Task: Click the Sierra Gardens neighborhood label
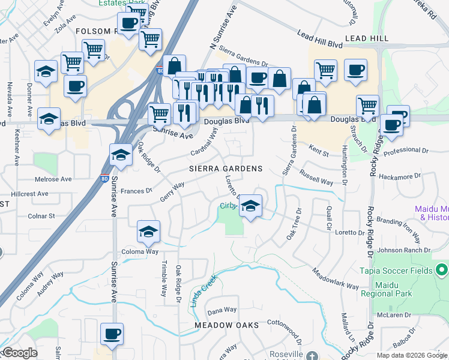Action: [226, 169]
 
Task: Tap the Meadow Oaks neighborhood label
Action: [226, 325]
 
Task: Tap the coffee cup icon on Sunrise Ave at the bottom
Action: [112, 334]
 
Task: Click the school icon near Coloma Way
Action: [148, 232]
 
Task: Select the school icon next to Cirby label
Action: [250, 206]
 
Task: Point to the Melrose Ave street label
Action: [53, 179]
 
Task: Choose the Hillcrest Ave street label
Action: [29, 194]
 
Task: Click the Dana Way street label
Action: [221, 310]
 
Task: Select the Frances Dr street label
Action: [137, 191]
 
